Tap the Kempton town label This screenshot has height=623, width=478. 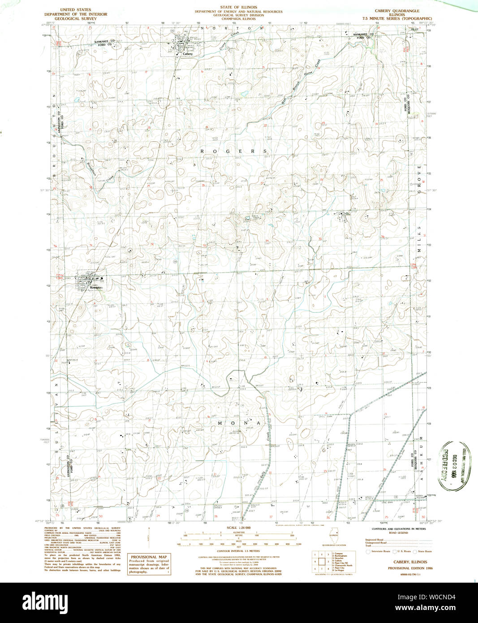(96, 287)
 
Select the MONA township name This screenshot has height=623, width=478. (239, 423)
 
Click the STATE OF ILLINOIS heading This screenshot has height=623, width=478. (238, 8)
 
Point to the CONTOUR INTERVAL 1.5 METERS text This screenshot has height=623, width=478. (238, 550)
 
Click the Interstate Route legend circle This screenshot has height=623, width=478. (368, 551)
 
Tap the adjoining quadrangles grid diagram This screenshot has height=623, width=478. (321, 561)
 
